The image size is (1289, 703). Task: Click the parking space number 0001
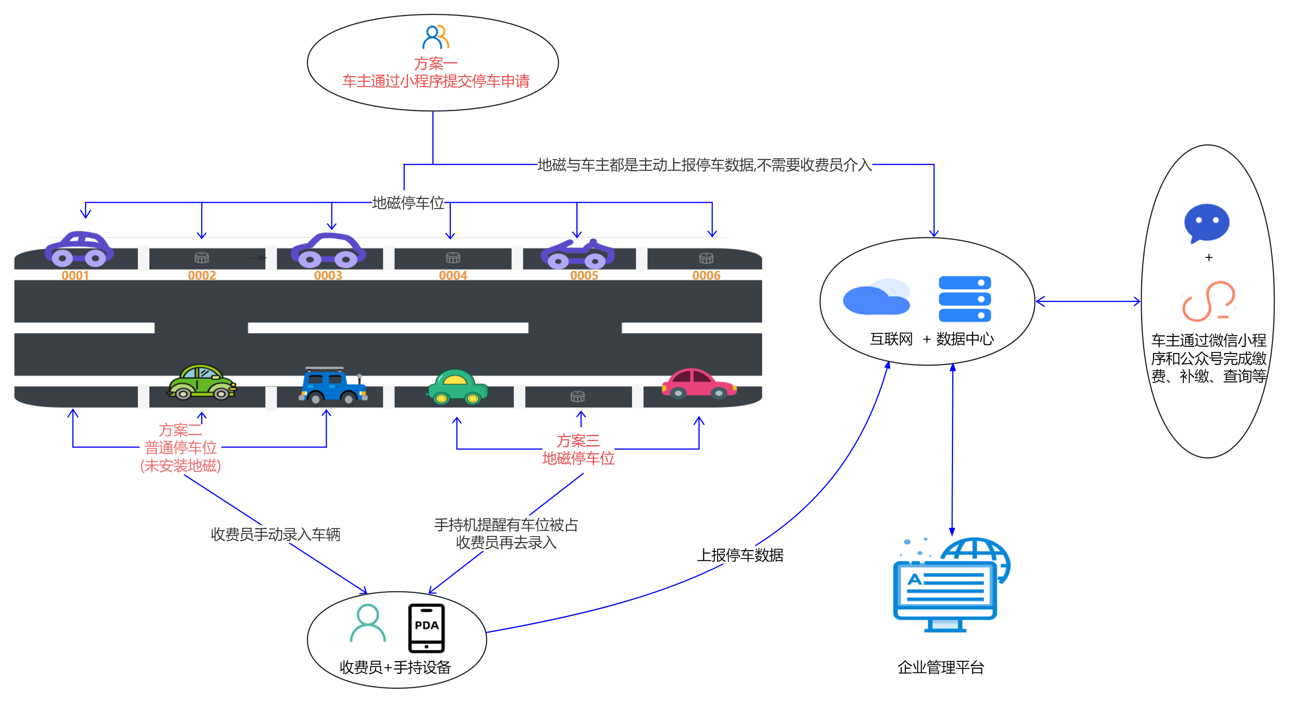point(75,275)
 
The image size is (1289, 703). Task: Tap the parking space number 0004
point(453,275)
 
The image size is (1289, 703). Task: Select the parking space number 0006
point(706,275)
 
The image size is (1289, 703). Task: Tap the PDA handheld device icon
point(426,628)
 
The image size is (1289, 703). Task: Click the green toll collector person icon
point(368,623)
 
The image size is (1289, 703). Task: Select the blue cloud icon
point(876,297)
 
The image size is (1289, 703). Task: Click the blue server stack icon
point(965,299)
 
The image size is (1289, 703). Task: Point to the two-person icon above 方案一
point(435,37)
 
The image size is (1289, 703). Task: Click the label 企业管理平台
point(941,667)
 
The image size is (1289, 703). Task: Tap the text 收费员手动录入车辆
point(275,534)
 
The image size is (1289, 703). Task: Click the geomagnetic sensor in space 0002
point(202,258)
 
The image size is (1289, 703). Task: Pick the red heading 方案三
point(578,441)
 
